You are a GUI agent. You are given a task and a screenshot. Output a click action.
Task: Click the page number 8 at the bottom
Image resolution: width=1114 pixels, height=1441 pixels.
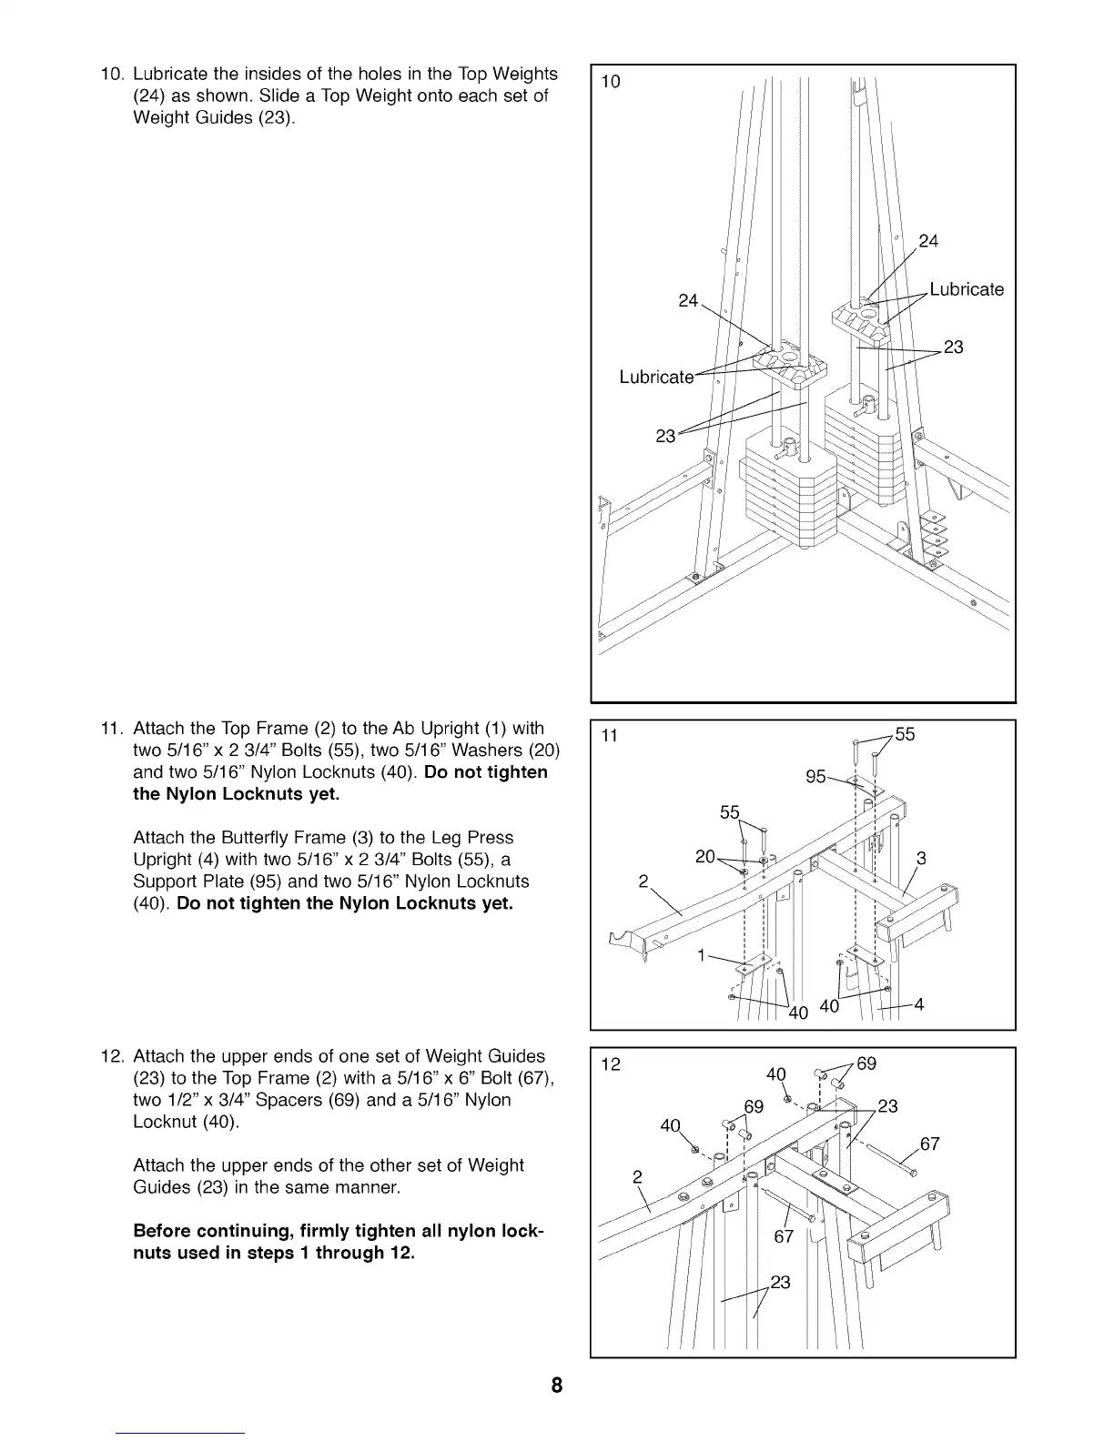[x=556, y=1386]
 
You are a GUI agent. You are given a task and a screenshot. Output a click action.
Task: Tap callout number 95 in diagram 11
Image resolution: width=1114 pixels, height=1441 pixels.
[x=815, y=776]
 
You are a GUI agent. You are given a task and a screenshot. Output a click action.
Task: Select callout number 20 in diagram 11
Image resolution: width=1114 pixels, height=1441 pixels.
[x=704, y=856]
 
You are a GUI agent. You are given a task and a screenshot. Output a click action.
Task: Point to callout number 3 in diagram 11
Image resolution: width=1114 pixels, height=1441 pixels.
[x=921, y=857]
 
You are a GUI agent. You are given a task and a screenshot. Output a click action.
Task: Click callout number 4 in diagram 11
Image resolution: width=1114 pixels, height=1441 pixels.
[x=918, y=1004]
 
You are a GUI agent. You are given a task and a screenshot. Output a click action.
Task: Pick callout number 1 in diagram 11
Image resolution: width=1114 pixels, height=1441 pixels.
[x=701, y=955]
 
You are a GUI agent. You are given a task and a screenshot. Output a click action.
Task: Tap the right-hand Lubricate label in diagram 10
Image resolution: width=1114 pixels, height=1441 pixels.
[x=966, y=289]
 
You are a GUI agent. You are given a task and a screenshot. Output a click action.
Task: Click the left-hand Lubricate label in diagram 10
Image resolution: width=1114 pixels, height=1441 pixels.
[x=655, y=377]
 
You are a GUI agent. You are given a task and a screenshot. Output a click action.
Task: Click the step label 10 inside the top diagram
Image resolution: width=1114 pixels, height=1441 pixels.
[x=611, y=82]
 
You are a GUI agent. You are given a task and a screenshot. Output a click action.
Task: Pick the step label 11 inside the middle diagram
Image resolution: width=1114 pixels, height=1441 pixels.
[x=610, y=736]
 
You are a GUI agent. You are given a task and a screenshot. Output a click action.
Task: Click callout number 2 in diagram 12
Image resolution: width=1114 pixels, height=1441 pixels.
[x=637, y=1176]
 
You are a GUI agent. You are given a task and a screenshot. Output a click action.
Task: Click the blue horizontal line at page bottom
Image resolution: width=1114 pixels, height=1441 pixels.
[x=182, y=1433]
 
